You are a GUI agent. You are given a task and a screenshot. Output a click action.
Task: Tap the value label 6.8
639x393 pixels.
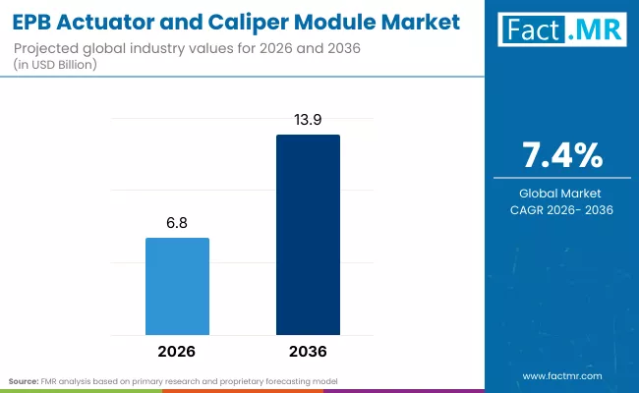point(177,223)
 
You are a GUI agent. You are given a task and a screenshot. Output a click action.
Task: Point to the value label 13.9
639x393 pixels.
point(308,119)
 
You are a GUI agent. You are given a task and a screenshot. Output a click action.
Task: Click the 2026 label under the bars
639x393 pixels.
point(177,351)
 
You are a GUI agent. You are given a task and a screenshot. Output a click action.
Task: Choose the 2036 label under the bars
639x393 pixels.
point(308,351)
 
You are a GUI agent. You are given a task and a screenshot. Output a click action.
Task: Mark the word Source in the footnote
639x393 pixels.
point(23,379)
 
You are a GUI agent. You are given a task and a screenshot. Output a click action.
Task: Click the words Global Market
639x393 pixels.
point(560,194)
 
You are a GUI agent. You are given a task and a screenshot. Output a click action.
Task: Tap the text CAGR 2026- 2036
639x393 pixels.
point(560,209)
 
